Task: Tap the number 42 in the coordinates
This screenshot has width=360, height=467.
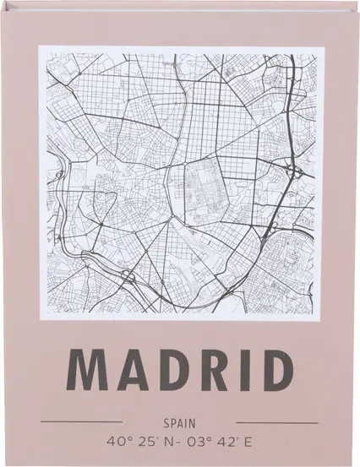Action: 224,441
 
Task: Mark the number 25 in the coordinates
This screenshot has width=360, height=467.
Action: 145,441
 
